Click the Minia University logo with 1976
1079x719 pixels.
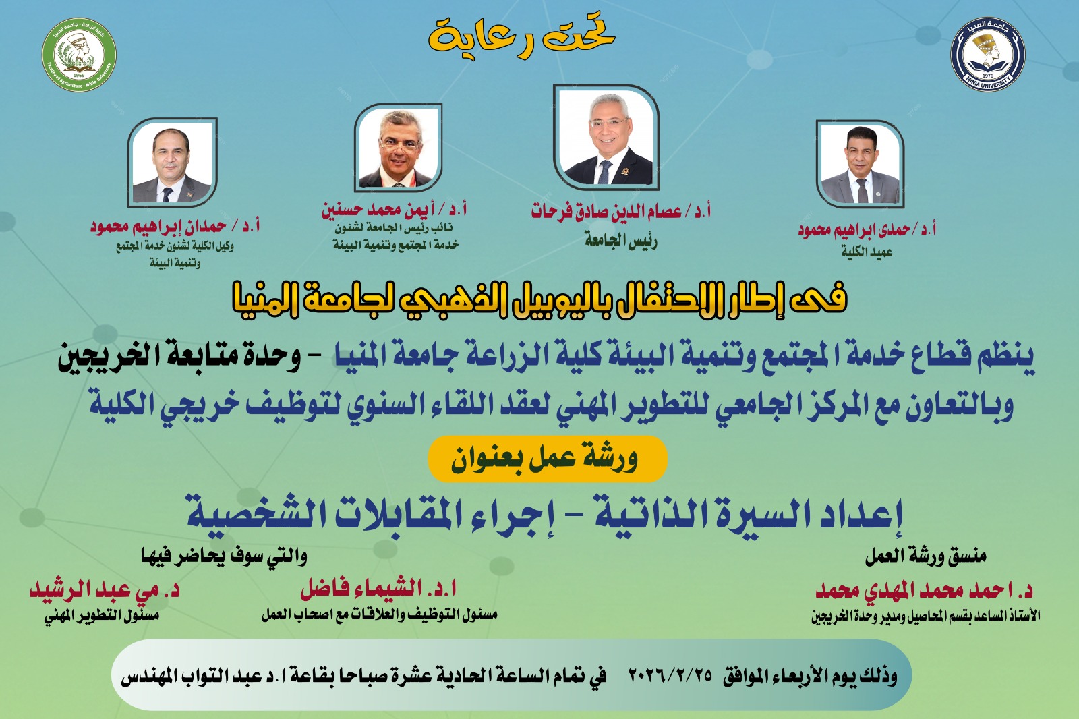click(988, 54)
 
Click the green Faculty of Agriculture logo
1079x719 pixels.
click(79, 55)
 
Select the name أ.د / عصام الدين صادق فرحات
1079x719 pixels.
click(621, 212)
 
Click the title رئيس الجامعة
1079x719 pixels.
click(621, 241)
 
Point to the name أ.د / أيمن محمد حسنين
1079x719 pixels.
click(394, 210)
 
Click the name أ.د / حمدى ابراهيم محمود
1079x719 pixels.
click(867, 230)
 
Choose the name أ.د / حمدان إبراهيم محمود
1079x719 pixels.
click(175, 227)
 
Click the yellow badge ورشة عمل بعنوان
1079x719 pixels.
click(547, 459)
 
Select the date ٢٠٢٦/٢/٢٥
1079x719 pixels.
click(670, 674)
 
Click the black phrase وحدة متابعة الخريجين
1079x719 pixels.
click(179, 357)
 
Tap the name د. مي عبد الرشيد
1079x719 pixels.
click(105, 590)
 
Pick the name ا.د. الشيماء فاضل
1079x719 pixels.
click(378, 589)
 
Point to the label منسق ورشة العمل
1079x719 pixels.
click(926, 557)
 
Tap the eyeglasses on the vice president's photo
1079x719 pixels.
click(399, 144)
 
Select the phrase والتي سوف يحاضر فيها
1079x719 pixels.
click(224, 556)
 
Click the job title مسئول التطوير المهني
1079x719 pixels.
click(102, 617)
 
